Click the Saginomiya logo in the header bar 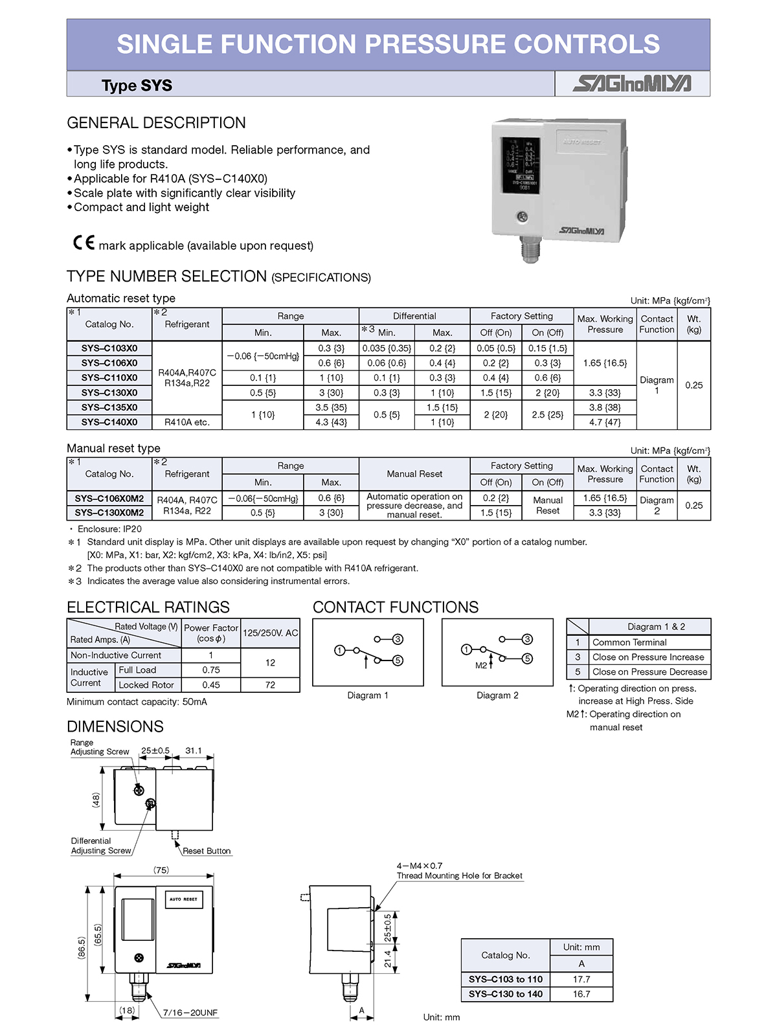click(x=632, y=84)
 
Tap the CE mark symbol click(x=84, y=243)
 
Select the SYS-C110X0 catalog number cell click(x=109, y=377)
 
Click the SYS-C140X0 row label click(x=109, y=422)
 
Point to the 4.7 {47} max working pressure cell click(x=605, y=422)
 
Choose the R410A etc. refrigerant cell click(x=186, y=422)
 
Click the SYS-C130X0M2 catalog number click(x=109, y=513)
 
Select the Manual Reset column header click(x=414, y=474)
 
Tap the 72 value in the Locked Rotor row click(x=270, y=685)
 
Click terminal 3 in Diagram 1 click(x=398, y=639)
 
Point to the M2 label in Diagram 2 click(x=480, y=666)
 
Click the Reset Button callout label click(x=207, y=851)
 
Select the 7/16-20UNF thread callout click(x=190, y=1013)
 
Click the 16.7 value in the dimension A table click(x=581, y=994)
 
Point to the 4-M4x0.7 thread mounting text click(x=420, y=866)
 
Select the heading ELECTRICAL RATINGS click(x=148, y=607)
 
